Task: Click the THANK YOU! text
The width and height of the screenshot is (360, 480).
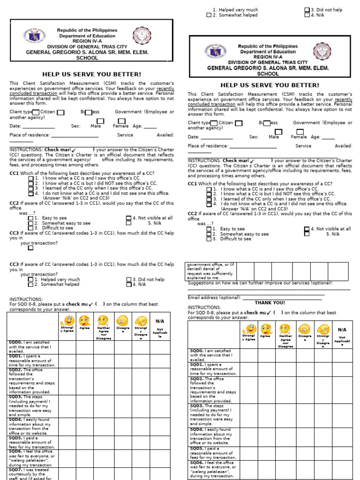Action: coord(270,303)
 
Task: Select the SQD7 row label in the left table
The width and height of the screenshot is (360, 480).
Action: coord(15,469)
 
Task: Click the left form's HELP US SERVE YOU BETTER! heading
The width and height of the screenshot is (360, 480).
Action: coord(91,74)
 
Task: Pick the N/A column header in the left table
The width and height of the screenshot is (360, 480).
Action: coord(159,321)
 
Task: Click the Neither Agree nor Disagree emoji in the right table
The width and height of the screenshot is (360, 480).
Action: coord(285,330)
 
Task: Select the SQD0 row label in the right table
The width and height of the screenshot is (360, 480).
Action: coord(197,351)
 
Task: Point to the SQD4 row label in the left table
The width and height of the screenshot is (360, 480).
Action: coord(15,420)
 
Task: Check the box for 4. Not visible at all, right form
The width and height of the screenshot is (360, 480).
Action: coord(307,229)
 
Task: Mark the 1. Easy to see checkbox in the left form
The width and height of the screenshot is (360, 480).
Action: coord(30,218)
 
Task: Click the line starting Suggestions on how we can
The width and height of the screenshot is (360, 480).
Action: coord(260,283)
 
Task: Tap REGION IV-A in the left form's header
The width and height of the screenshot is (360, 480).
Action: coord(87,41)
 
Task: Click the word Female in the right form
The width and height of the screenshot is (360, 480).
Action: coord(299,137)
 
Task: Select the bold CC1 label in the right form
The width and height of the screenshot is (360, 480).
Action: coord(192,184)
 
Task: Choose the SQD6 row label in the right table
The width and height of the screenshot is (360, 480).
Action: coord(197,463)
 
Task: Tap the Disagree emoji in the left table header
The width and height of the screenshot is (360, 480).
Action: coord(123,321)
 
